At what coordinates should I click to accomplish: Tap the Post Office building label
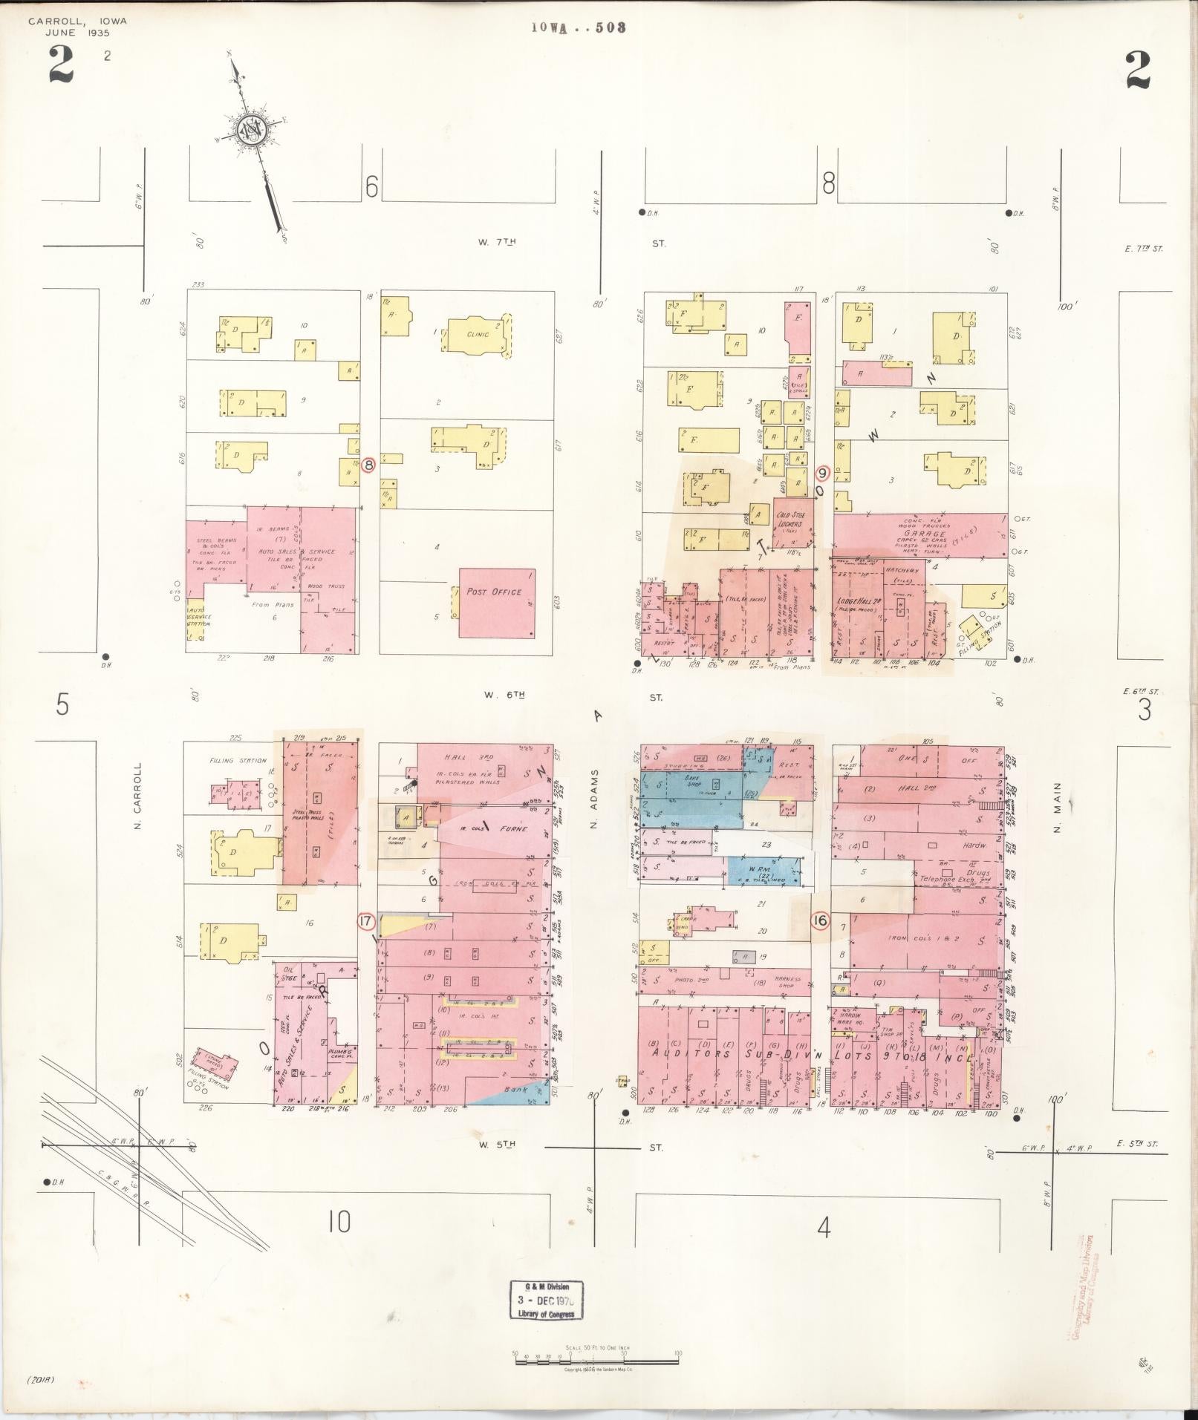494,592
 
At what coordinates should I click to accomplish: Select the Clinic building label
478,334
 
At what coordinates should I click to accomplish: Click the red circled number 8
369,466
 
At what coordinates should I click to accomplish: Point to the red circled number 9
822,472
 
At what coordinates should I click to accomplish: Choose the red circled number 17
365,922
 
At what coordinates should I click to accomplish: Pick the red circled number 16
820,921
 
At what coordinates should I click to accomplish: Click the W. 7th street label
498,242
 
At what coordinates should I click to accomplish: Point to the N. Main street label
1058,814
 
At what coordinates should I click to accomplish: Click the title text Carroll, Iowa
77,21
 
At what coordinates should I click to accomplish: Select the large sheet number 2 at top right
1137,70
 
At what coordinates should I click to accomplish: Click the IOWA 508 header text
579,27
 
